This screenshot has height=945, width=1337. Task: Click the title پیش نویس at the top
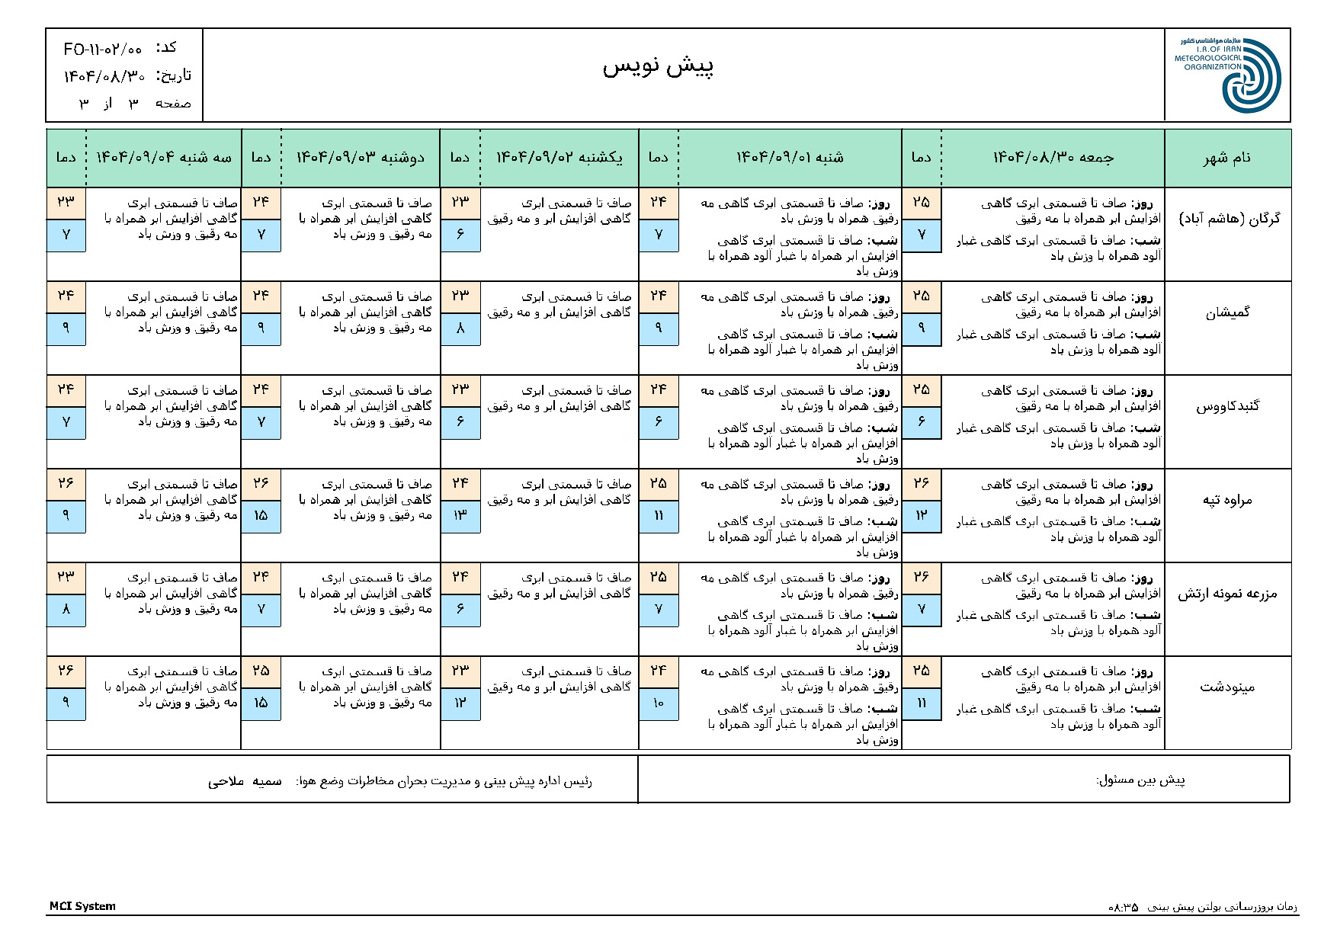click(x=658, y=67)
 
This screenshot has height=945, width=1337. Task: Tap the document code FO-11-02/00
click(x=103, y=50)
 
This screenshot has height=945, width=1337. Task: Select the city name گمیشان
click(x=1227, y=312)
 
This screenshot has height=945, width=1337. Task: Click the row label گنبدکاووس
click(x=1227, y=406)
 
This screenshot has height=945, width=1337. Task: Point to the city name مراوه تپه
click(x=1227, y=500)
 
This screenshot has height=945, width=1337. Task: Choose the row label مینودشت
click(x=1227, y=687)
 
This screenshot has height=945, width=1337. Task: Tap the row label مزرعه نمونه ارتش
click(x=1227, y=594)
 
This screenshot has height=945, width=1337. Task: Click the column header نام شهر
click(x=1227, y=158)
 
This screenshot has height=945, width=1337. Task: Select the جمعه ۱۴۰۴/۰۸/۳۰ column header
click(x=1053, y=158)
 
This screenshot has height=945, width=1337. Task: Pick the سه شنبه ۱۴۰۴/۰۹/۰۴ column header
click(x=163, y=158)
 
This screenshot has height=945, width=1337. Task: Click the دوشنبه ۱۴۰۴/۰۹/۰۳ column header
click(x=360, y=158)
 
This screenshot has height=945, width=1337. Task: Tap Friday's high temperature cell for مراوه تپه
click(x=921, y=483)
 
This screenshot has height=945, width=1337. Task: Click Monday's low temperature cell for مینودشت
click(x=261, y=703)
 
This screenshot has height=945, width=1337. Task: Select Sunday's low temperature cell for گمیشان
click(x=460, y=328)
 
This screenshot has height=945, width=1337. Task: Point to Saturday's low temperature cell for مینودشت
click(x=659, y=703)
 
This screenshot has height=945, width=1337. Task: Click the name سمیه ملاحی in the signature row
click(x=245, y=781)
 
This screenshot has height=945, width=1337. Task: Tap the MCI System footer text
click(x=82, y=906)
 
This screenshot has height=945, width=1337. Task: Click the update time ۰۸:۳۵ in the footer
click(x=1123, y=907)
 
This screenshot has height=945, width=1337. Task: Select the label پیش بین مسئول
click(x=1140, y=780)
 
